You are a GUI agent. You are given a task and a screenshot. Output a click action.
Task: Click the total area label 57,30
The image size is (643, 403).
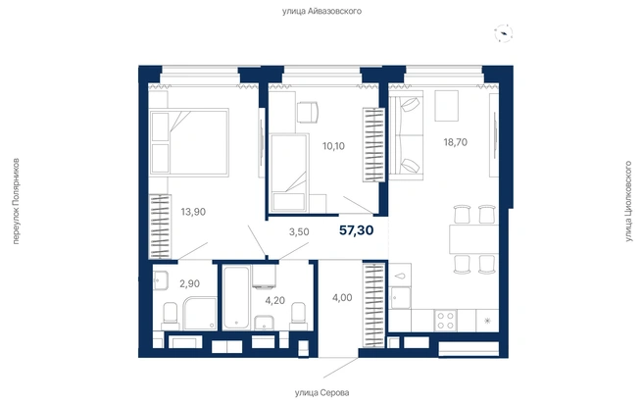(357, 230)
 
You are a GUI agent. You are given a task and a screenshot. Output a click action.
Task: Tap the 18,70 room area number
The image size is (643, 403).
(455, 142)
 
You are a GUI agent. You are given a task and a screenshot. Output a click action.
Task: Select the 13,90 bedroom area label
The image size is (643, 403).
(193, 212)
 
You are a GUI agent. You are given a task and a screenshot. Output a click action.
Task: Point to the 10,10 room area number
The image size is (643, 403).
(333, 146)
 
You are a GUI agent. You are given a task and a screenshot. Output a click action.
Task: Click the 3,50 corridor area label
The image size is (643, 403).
(299, 231)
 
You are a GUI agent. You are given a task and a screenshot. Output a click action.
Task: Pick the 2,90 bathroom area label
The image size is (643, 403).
(189, 283)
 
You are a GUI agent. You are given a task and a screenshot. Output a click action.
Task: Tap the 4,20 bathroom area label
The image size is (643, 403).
(274, 300)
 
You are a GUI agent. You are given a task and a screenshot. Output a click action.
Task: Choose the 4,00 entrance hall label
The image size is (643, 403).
(342, 298)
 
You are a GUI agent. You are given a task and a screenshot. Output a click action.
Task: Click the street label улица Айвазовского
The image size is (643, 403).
(321, 11)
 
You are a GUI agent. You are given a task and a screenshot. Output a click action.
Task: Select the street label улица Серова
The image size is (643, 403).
(321, 393)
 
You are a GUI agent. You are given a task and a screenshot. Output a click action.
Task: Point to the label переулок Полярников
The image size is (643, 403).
(16, 201)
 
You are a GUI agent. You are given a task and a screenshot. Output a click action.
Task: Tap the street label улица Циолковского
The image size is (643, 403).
(628, 201)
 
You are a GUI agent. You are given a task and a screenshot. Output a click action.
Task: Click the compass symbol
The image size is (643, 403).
(504, 33)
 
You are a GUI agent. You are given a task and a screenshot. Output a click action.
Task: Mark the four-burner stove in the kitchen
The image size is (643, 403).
(445, 321)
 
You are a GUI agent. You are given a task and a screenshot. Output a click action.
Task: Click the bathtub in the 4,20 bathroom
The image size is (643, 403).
(236, 297)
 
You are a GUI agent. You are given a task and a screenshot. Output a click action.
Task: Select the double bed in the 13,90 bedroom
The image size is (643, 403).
(189, 142)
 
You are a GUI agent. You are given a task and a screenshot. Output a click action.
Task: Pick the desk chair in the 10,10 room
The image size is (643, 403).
(307, 113)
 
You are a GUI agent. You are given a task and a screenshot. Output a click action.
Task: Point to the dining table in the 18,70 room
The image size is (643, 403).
(474, 239)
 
